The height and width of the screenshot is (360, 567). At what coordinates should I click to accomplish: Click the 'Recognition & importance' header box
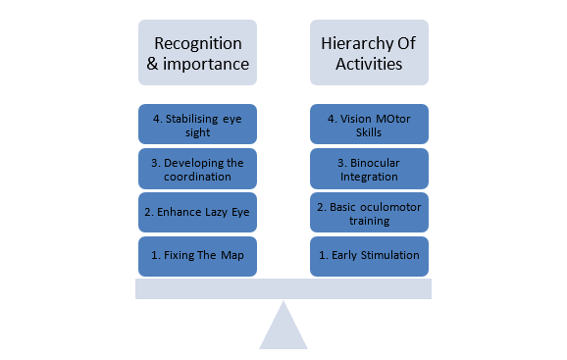coord(197,52)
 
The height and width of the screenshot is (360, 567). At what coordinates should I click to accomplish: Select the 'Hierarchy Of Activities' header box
coord(369,52)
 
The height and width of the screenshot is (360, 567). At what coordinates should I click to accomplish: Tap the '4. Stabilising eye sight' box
coord(197,124)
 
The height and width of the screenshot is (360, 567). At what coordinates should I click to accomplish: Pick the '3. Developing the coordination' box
coord(197,169)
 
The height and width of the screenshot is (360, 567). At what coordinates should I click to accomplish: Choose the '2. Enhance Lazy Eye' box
coord(197,212)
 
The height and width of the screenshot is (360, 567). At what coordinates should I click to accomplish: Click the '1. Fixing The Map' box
coord(197,256)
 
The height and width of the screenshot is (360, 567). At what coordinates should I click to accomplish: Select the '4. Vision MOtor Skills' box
coord(369,124)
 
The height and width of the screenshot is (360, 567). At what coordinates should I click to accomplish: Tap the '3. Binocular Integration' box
coord(369,169)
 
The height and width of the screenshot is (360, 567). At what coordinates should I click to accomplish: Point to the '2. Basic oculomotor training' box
coord(369,212)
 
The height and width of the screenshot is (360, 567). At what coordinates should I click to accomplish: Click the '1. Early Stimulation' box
coord(369,256)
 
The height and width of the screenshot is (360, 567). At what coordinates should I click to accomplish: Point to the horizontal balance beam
coord(283,288)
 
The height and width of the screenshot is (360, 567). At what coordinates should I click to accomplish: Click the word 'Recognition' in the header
coord(198,44)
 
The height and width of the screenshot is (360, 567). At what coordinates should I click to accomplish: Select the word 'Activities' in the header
coord(369,64)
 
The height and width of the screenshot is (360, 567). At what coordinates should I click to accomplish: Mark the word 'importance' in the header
coord(206,65)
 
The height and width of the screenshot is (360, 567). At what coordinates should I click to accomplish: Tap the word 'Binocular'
coord(375,163)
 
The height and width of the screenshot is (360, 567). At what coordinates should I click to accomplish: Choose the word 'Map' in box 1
coord(232,256)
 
